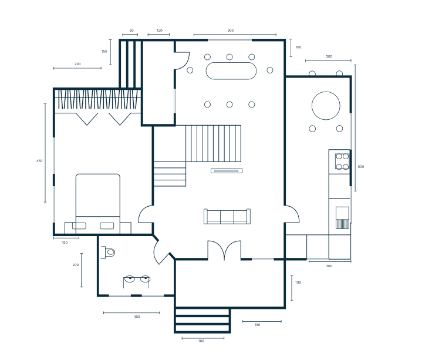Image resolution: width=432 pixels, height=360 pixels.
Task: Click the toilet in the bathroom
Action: tap(109, 252)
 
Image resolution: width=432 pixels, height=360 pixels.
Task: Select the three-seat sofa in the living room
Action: tap(227, 216)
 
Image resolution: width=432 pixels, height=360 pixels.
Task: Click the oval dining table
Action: tap(231, 71)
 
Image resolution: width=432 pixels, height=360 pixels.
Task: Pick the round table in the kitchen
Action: tap(326, 106)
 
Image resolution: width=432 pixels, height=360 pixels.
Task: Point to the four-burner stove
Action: tap(342, 162)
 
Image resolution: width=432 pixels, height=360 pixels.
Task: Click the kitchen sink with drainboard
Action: tap(342, 218)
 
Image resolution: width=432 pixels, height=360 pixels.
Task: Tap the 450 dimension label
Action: tap(39, 161)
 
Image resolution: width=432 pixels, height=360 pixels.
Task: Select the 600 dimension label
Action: tap(360, 167)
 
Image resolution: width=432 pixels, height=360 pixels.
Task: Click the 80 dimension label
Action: tap(131, 31)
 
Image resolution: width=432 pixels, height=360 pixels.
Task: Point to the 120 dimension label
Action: tap(160, 31)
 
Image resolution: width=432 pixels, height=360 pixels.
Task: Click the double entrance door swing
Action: tap(224, 250)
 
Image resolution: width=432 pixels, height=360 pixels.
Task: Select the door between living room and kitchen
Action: tap(292, 214)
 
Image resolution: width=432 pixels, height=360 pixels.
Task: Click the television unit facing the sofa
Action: tap(227, 171)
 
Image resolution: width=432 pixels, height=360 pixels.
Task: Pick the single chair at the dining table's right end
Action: tap(270, 70)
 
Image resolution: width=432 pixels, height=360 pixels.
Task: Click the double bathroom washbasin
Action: tap(137, 280)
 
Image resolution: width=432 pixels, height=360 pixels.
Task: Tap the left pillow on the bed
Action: tap(79, 226)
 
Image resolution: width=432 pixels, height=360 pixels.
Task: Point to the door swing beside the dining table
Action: tap(182, 60)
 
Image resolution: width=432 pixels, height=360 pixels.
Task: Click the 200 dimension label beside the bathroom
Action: tap(76, 265)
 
